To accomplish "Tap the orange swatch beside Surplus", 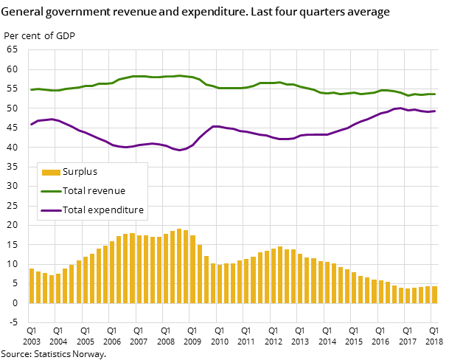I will click(51, 173).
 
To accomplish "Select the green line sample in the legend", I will click(51, 191).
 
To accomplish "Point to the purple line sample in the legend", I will click(51, 210).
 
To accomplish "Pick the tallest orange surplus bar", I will click(179, 266).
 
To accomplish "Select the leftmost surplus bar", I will click(32, 285).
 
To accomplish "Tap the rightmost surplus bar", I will click(434, 294).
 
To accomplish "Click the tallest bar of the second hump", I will click(280, 274).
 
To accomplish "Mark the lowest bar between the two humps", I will click(220, 283).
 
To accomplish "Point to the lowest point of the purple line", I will click(179, 150).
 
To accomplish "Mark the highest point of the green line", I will click(179, 75).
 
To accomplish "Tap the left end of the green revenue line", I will click(31, 89).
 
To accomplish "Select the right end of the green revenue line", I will click(435, 94).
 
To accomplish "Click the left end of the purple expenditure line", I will click(31, 124).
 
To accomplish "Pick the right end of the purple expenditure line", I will click(435, 111).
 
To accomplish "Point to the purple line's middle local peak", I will click(215, 126).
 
